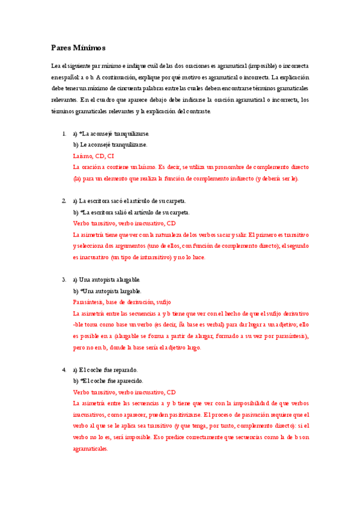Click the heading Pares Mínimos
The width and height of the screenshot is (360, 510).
[x=78, y=48]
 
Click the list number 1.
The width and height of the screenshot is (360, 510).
[x=64, y=134]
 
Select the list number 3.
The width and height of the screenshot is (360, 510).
[x=64, y=280]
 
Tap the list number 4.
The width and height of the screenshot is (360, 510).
[x=64, y=369]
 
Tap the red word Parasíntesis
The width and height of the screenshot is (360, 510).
[x=88, y=302]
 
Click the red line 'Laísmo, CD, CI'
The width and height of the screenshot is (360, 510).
[x=93, y=156]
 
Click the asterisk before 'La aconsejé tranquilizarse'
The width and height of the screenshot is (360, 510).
[x=81, y=134]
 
